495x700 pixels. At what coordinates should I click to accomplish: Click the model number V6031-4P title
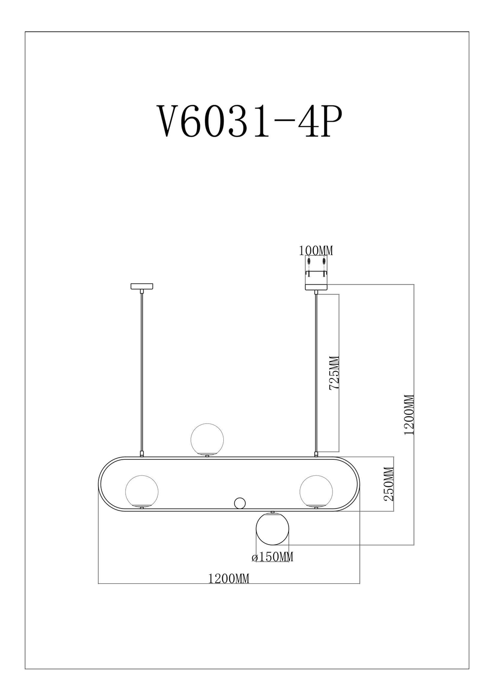pos(249,121)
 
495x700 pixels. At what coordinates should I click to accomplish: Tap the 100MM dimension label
pos(316,251)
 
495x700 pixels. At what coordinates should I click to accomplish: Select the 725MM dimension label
pos(335,373)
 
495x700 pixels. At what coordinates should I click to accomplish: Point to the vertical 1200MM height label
pos(409,415)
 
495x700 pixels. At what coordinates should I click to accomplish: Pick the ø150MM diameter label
pos(273,557)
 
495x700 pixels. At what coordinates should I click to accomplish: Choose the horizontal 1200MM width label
pos(229,578)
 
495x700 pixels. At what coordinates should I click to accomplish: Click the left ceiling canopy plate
pos(142,286)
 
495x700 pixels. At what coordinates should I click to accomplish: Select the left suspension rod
pos(142,371)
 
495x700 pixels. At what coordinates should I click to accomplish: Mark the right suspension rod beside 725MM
pos(316,371)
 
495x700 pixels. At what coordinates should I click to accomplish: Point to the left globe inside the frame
pos(142,491)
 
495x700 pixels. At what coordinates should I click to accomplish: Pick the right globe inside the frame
pos(316,491)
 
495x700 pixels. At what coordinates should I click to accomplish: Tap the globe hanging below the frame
pos(272,529)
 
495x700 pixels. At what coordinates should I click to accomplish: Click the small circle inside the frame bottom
pos(240,503)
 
